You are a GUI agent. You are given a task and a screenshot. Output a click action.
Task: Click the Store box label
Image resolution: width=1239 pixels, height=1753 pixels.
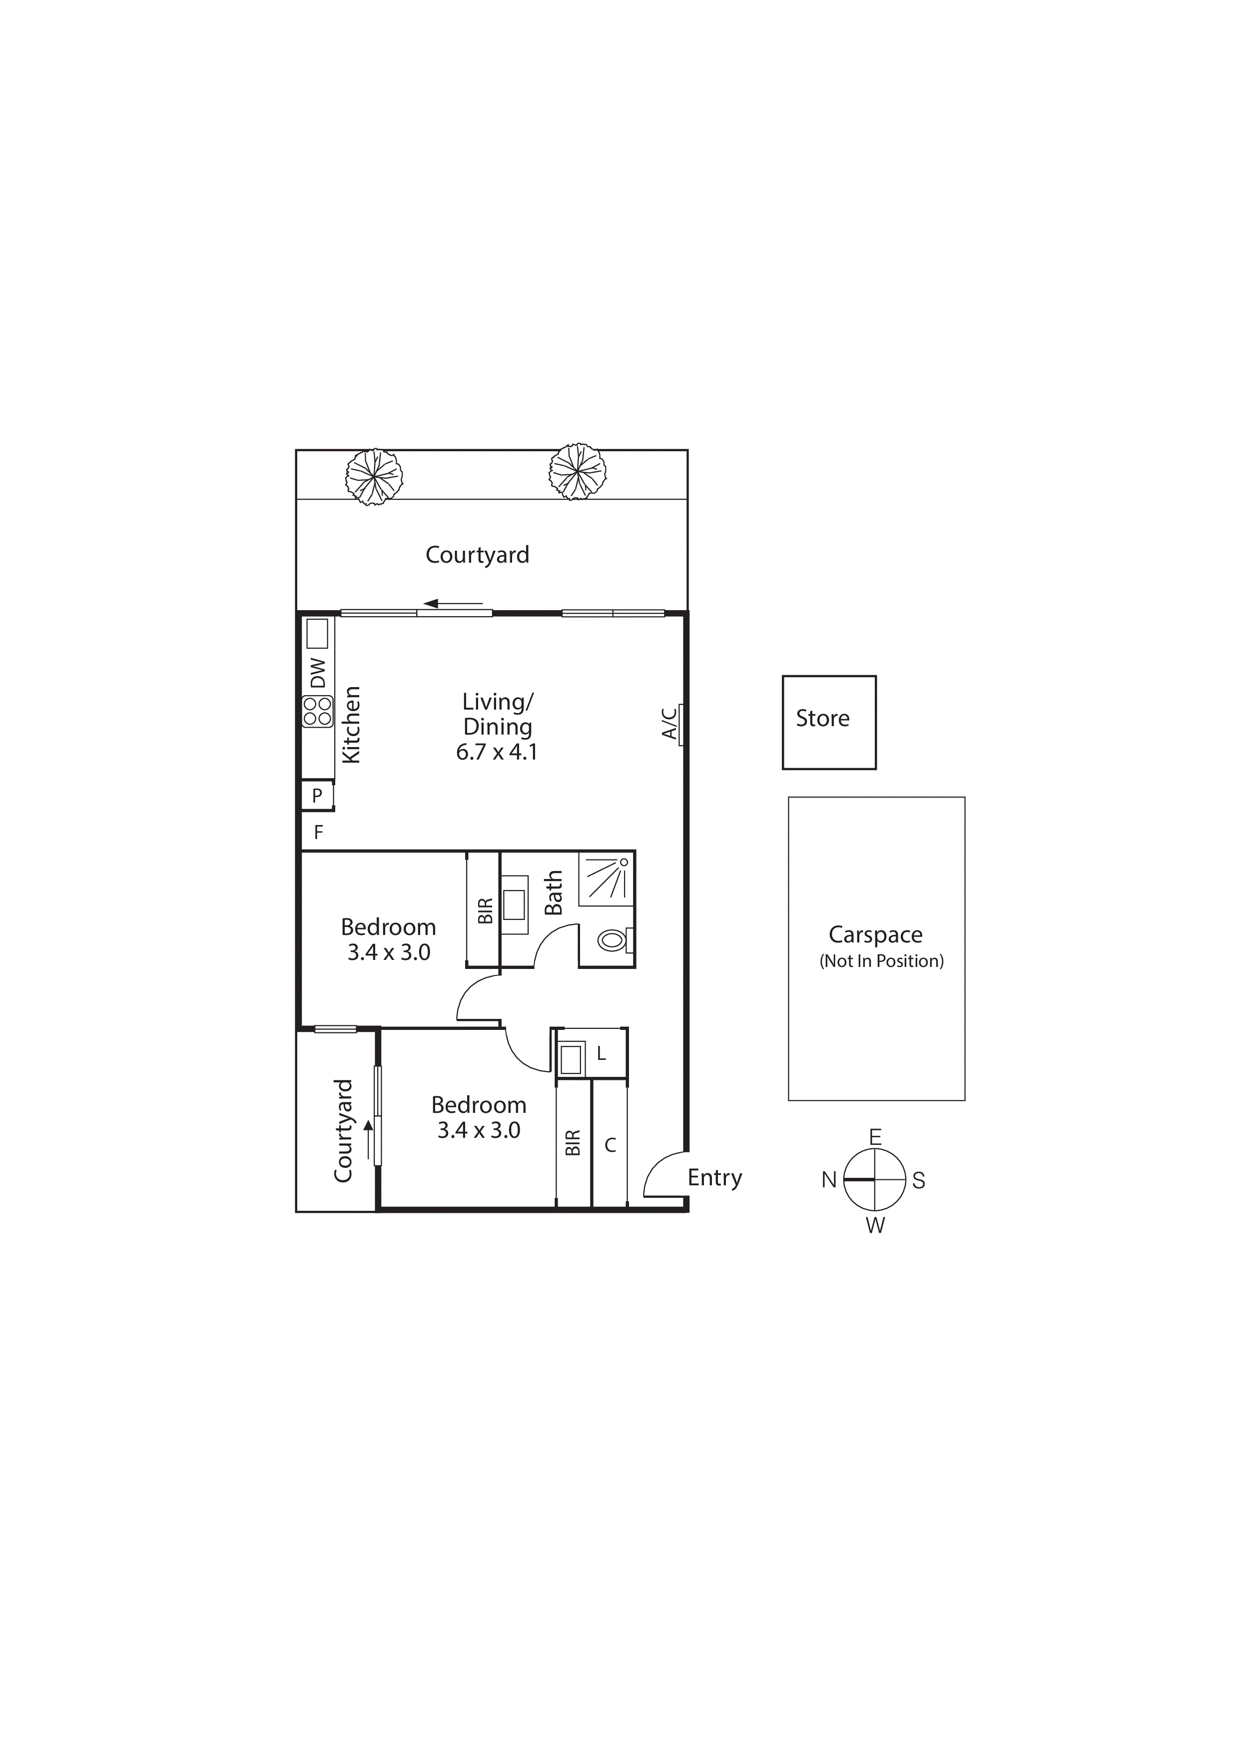click(822, 719)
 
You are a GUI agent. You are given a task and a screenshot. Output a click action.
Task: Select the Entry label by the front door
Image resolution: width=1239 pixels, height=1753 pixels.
click(714, 1177)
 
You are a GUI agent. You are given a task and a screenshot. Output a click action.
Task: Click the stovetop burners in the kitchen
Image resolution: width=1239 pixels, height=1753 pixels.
click(318, 712)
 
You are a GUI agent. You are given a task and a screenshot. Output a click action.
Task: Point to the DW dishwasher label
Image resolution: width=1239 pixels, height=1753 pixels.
click(318, 673)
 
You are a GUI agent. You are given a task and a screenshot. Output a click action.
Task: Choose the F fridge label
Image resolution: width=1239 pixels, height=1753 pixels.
click(318, 832)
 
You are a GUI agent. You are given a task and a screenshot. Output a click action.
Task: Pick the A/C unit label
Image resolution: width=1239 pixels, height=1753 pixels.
click(669, 723)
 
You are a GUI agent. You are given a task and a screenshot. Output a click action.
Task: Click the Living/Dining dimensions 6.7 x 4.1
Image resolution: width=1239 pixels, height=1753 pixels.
click(497, 752)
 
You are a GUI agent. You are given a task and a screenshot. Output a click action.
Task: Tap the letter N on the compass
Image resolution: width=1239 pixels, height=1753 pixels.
click(829, 1180)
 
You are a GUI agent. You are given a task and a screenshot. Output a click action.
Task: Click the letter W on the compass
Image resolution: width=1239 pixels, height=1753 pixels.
click(876, 1225)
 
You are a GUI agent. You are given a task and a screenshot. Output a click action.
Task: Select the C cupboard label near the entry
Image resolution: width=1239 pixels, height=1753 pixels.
click(610, 1145)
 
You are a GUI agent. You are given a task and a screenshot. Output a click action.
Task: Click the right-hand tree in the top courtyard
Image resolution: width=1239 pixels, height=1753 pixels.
click(577, 472)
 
